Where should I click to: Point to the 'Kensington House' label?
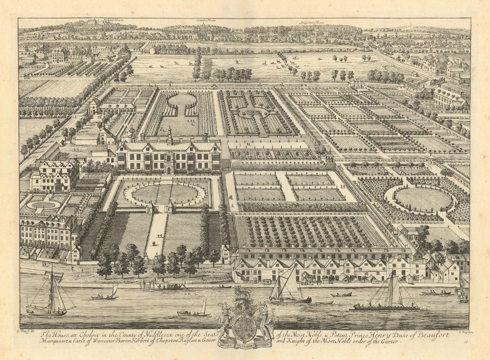(x=312, y=22)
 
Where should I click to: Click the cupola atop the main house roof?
(x=170, y=133)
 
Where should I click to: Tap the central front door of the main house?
(x=169, y=169)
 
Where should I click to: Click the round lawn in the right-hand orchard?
(x=423, y=199)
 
